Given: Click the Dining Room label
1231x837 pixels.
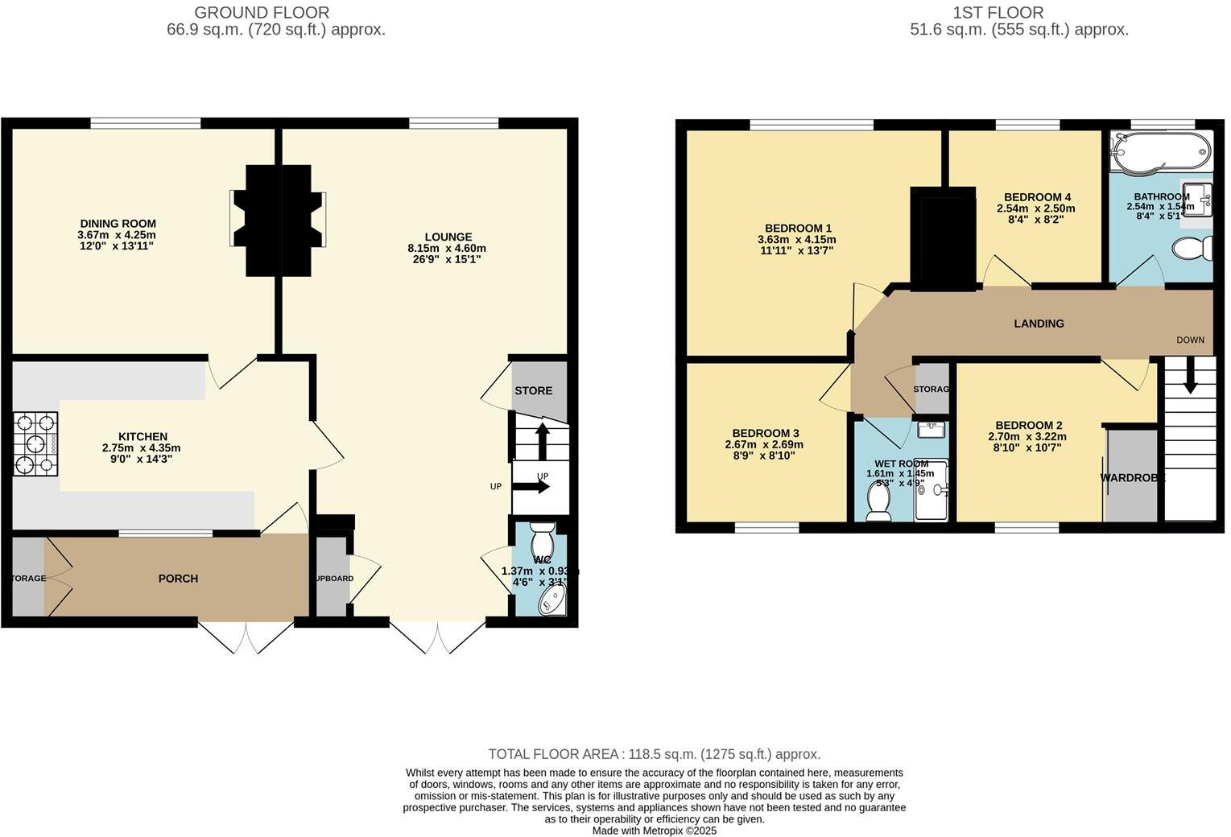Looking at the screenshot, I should click(118, 224).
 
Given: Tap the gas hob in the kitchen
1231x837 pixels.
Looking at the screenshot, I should click(36, 443).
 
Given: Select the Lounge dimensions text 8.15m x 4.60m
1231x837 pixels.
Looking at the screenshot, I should click(446, 249).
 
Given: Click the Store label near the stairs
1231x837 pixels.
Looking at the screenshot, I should click(533, 390).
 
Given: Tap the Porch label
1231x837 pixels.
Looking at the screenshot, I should click(178, 578).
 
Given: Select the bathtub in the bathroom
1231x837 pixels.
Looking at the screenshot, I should click(1159, 150).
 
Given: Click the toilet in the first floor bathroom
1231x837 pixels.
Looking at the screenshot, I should click(1194, 248).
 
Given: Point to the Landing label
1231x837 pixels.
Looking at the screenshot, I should click(1039, 324).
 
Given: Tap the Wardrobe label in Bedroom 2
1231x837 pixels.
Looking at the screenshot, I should click(1133, 478).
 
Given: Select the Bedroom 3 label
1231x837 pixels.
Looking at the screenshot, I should click(766, 433).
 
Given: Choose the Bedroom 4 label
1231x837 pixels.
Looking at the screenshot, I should click(1037, 197).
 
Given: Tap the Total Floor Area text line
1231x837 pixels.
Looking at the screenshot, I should click(654, 754).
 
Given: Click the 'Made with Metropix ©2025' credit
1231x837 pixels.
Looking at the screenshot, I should click(654, 831).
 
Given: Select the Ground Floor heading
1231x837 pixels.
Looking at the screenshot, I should click(262, 13).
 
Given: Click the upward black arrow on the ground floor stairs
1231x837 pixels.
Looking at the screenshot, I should click(543, 440).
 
